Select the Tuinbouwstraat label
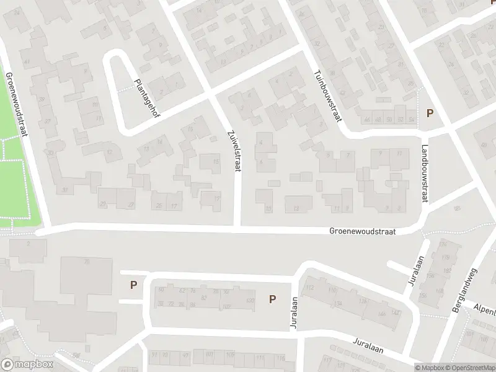tap(328, 94)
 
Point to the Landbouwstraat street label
tap(425, 174)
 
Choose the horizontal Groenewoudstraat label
tap(362, 231)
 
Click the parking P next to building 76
tap(133, 285)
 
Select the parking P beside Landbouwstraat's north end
tap(429, 113)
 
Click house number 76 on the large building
tap(87, 262)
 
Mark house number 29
tap(103, 204)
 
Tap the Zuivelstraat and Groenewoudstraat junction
tap(237, 229)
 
